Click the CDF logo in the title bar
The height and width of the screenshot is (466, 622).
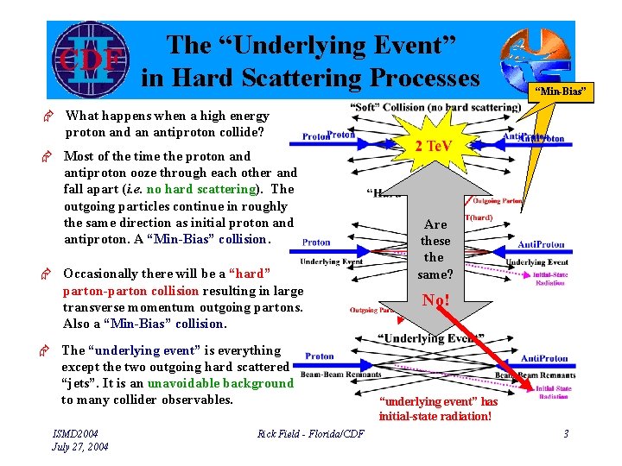(88, 60)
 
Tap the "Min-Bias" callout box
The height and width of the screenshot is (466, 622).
(562, 91)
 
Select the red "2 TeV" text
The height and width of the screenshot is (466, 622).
(433, 146)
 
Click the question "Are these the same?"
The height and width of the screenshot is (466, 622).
(434, 249)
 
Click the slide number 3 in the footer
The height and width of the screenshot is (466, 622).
(566, 433)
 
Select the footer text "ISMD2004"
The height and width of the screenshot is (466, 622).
(75, 433)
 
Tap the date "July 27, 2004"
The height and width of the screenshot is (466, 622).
(80, 446)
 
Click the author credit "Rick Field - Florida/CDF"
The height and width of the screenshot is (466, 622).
(310, 433)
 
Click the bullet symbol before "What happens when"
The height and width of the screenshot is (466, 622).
(51, 116)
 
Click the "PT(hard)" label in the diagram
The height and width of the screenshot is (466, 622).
(480, 219)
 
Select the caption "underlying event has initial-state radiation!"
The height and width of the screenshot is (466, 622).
(438, 409)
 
